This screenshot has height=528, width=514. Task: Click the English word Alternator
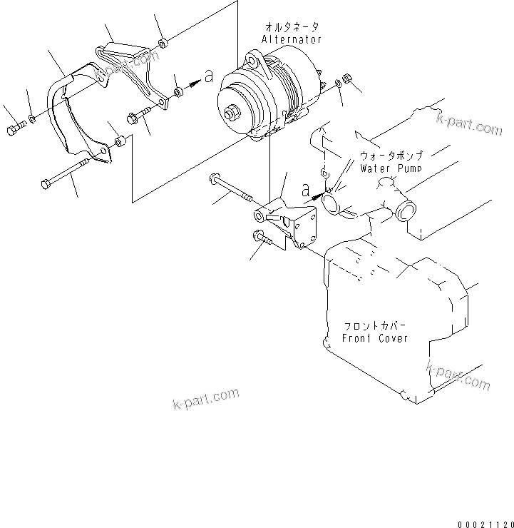tap(292, 39)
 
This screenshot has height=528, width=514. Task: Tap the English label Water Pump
tap(390, 168)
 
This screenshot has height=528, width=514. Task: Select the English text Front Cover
tap(375, 337)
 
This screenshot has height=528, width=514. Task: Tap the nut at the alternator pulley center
tap(232, 112)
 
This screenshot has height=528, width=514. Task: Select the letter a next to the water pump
tap(305, 191)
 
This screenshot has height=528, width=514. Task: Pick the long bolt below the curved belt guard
tap(64, 174)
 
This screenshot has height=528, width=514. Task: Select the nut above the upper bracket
tap(163, 44)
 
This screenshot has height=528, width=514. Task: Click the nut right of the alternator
tap(346, 78)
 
